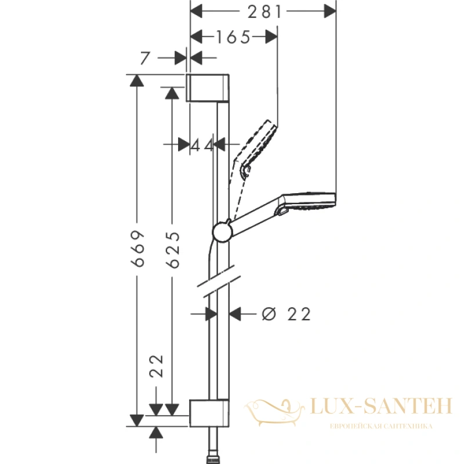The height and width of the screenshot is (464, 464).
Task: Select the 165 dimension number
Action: [x=234, y=37]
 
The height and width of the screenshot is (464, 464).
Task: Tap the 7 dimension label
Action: [x=144, y=58]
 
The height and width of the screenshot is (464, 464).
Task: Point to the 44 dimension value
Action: [x=201, y=145]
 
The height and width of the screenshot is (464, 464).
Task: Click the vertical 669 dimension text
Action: [x=138, y=248]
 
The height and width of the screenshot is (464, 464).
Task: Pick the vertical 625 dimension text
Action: [x=173, y=250]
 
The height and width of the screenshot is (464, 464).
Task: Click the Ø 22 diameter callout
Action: [x=286, y=314]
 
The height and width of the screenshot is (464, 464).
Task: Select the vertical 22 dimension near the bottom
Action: [x=156, y=366]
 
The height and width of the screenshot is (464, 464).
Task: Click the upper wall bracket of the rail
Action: [x=208, y=88]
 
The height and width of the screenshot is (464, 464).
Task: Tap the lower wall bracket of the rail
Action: [x=209, y=413]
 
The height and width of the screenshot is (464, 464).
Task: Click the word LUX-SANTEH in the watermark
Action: [x=382, y=406]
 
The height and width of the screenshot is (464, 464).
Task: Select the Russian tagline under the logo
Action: [x=382, y=426]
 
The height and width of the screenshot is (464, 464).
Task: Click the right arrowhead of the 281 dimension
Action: [x=330, y=11]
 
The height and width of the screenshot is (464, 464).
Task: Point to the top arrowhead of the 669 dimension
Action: [x=137, y=81]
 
